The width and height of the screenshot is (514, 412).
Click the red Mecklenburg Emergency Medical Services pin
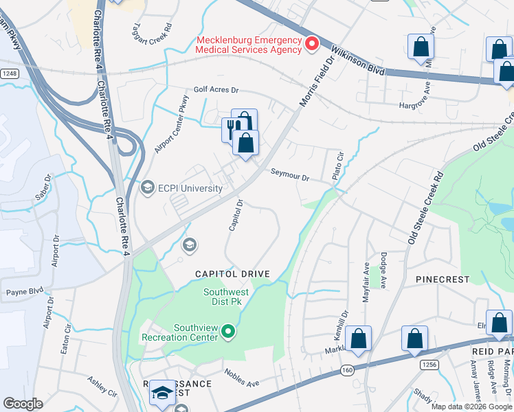tap(311, 45)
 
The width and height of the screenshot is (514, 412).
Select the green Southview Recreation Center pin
tap(230, 332)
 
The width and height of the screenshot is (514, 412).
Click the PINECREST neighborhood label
tap(443, 279)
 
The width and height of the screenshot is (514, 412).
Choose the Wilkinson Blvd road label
tap(358, 60)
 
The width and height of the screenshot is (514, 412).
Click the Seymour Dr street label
tap(290, 175)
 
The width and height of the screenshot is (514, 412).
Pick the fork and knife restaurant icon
tap(232, 128)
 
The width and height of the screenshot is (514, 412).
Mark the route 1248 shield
tap(8, 73)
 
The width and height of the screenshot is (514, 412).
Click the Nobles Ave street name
tap(241, 376)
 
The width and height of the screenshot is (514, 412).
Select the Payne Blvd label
tap(20, 291)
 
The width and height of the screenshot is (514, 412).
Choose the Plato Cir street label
tap(337, 167)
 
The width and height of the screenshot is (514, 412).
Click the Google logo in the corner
tap(23, 404)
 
